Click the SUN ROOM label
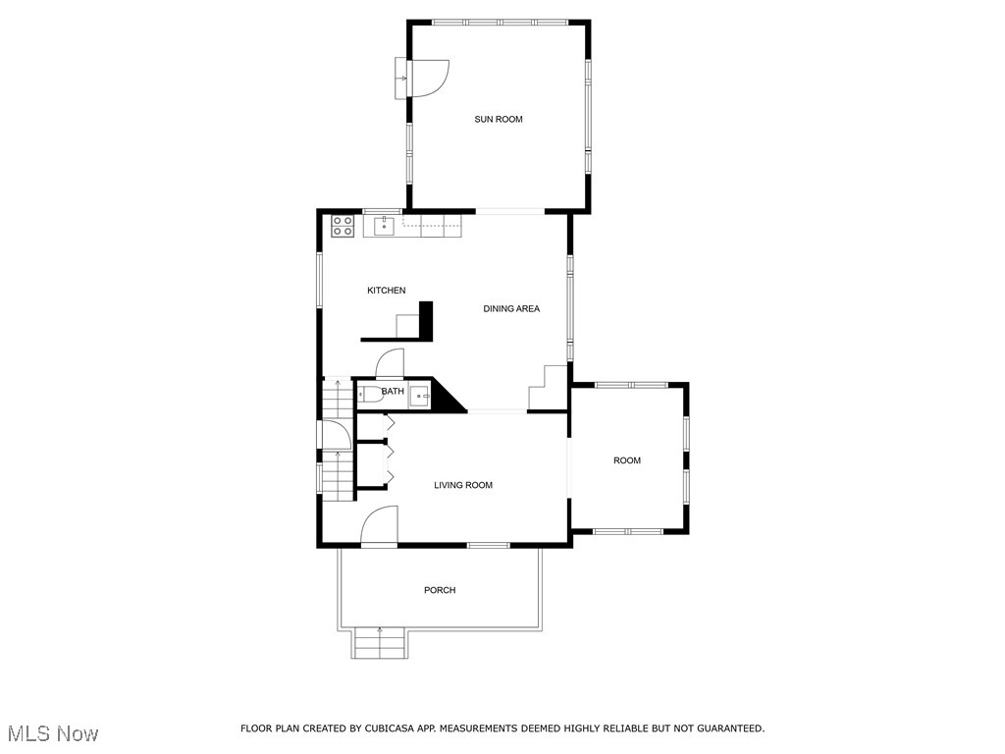point(499,120)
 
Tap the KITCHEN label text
point(386,291)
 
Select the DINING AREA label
point(511,309)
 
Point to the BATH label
point(393,392)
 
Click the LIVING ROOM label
point(463,485)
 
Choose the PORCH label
point(440,590)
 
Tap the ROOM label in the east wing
point(627,460)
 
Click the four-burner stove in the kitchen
point(343,225)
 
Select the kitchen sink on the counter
point(384,227)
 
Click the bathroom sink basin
point(420,397)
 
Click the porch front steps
point(380,644)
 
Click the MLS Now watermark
point(53,733)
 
